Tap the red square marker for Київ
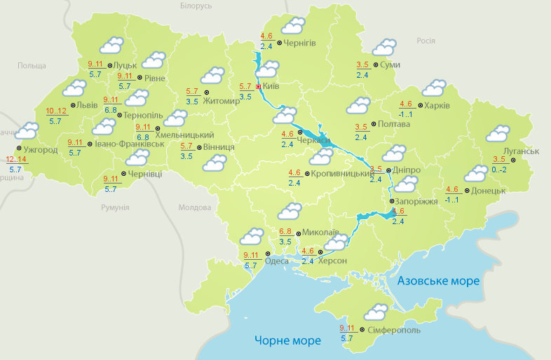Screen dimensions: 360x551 tap(258, 87)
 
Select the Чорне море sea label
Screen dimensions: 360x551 tap(287, 340)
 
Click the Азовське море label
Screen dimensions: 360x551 tap(438, 281)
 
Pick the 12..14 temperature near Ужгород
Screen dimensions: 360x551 tap(15, 160)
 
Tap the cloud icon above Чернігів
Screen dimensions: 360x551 tap(293, 27)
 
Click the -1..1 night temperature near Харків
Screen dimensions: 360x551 tap(406, 114)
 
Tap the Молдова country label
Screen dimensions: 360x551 tap(194, 208)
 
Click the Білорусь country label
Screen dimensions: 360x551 tap(196, 6)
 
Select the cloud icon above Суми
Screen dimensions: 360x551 tap(384, 47)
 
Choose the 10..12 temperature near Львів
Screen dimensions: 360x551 tap(56, 111)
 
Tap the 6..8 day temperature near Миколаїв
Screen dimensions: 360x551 tap(285, 231)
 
